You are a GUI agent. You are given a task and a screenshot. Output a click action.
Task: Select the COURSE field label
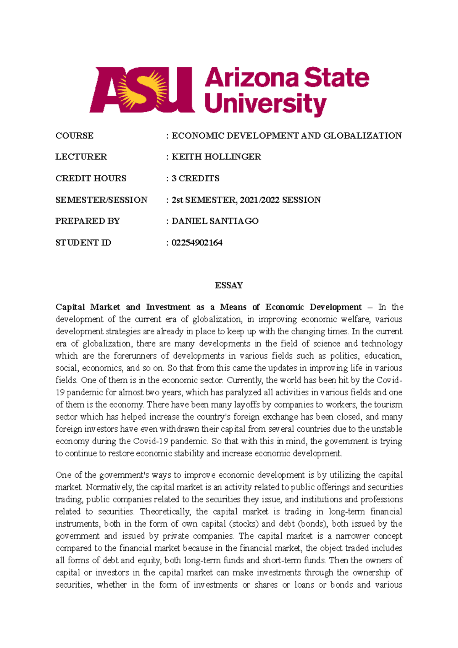point(74,136)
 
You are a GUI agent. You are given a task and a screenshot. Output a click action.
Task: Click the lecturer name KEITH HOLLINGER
point(216,157)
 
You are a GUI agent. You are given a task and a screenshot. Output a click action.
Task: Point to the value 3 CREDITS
point(195,178)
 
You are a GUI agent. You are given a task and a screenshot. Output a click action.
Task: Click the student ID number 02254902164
point(197,243)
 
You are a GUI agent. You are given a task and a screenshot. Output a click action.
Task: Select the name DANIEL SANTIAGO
point(215,221)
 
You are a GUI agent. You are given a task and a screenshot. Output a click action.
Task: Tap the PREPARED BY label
point(87,221)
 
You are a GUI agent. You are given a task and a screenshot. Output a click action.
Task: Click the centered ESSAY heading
point(229,285)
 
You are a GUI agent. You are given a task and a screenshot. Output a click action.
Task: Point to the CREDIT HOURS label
point(91,178)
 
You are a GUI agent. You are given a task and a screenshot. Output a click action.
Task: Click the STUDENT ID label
point(83,243)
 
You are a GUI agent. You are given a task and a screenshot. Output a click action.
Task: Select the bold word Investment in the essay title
point(168,307)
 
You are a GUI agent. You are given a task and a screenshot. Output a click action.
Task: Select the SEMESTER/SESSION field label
point(101,200)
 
